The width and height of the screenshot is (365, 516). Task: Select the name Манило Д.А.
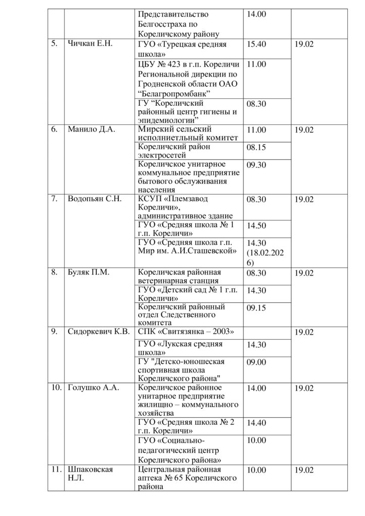point(91,130)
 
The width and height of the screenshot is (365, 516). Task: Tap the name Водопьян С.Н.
point(95,199)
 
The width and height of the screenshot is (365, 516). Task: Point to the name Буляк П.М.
point(89,273)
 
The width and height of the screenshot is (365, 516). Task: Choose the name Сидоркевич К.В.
point(98,332)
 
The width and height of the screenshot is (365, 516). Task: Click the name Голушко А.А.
point(92,388)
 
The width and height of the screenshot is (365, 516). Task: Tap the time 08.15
point(256,148)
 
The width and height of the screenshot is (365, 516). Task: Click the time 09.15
point(256,307)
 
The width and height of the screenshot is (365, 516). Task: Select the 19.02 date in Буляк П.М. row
point(304,273)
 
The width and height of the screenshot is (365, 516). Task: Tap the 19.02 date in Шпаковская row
point(304,470)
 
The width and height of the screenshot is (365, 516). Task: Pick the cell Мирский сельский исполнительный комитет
point(186,134)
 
